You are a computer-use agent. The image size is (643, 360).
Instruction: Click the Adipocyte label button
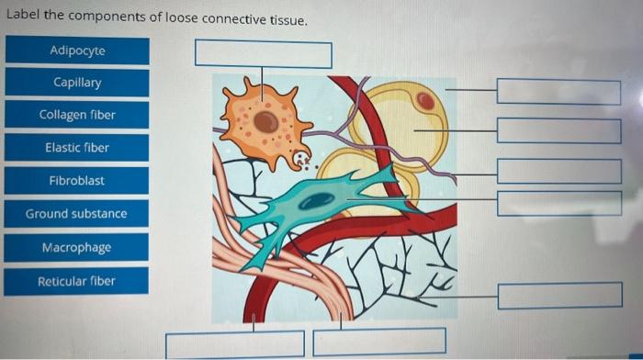tap(77, 51)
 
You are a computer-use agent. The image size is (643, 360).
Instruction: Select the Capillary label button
tap(77, 83)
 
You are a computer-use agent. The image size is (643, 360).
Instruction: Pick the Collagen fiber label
tap(77, 115)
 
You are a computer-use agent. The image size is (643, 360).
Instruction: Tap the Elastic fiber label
tap(77, 148)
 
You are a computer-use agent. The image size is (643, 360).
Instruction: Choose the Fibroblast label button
tap(77, 181)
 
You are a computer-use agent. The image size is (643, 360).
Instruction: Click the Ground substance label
tap(76, 214)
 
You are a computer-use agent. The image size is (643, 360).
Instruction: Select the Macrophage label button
tap(76, 248)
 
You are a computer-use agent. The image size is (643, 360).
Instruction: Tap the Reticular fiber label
tap(76, 281)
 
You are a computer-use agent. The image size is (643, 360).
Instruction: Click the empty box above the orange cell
tap(263, 53)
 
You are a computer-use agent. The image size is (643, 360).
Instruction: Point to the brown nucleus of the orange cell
tap(266, 121)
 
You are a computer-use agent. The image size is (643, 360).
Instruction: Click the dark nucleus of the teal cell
tap(319, 199)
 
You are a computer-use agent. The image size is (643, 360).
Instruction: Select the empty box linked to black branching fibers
tap(559, 296)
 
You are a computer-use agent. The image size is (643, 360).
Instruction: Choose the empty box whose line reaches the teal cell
tap(558, 203)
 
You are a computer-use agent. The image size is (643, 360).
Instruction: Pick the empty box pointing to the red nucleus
tap(558, 92)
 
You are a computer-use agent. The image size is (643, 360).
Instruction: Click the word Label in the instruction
tap(22, 19)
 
